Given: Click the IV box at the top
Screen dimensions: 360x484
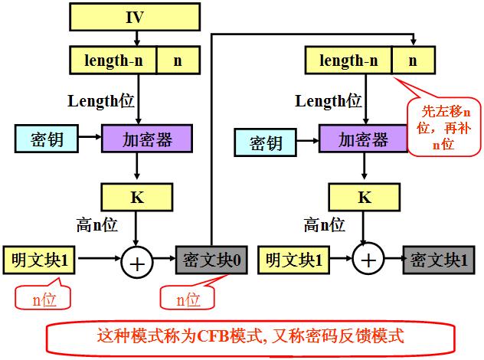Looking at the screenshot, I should [135, 15].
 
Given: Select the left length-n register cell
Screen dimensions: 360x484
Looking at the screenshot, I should [113, 60].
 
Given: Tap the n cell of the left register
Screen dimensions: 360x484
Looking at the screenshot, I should [178, 60].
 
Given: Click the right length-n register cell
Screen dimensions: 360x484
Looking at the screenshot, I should [348, 60].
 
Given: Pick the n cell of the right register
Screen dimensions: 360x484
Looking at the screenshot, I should [413, 60].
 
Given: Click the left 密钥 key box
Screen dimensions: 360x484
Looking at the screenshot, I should [46, 139].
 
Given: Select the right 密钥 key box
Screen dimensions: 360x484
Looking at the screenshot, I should [264, 142].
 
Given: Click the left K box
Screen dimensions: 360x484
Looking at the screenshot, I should [136, 197].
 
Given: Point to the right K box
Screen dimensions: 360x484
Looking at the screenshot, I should [365, 197].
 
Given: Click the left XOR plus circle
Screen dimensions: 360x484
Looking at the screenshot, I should [136, 263].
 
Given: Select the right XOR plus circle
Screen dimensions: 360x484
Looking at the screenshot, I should [368, 260].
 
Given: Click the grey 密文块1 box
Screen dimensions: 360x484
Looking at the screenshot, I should [435, 260].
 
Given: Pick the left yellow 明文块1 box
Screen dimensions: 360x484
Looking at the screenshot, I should [39, 260].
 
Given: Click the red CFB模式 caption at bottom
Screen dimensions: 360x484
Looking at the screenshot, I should [250, 336].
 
